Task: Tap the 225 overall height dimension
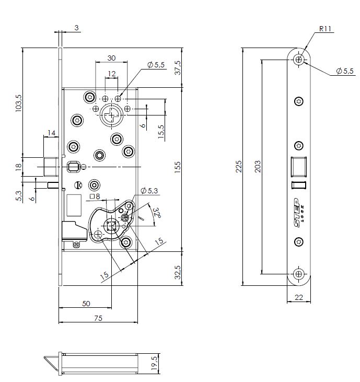point(239,167)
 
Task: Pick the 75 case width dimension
point(98,317)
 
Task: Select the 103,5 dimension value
point(19,102)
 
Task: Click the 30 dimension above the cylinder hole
point(111,57)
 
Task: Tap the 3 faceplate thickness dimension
point(76,28)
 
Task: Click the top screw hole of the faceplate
point(298,60)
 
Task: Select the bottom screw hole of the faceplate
point(298,274)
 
